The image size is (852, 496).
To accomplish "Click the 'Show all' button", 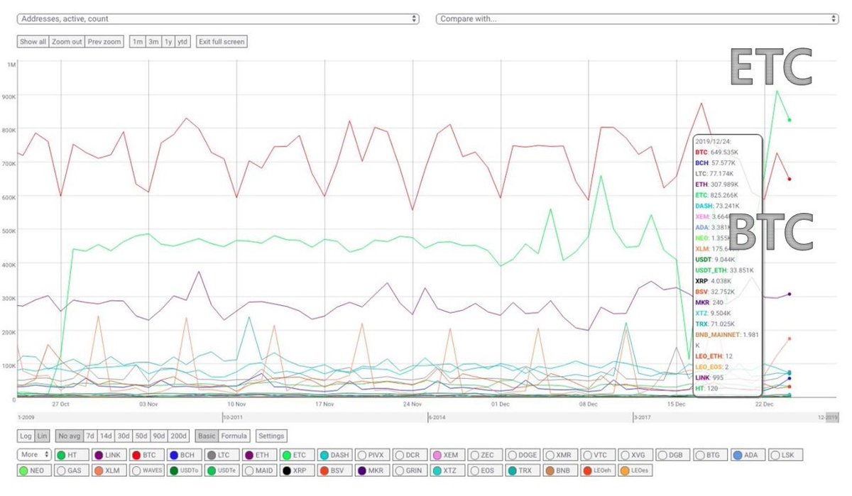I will [x=33, y=42].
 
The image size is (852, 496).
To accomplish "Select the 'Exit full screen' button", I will [x=222, y=42].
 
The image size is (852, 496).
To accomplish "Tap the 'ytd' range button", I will [x=182, y=42].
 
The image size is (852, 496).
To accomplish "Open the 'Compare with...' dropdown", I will [x=637, y=18].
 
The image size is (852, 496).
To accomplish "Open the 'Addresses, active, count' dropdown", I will [x=218, y=18].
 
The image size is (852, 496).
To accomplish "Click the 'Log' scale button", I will [x=26, y=436].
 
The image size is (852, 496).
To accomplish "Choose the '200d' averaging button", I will [x=179, y=436].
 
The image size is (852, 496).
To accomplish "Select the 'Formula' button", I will [x=234, y=436].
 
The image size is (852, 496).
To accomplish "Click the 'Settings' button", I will [x=271, y=436].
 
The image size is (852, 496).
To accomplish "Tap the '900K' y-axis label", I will [x=10, y=97].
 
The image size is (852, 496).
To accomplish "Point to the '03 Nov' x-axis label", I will [x=148, y=404].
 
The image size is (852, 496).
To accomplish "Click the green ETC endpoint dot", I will [x=790, y=120].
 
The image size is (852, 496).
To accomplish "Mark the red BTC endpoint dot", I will [x=790, y=179].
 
